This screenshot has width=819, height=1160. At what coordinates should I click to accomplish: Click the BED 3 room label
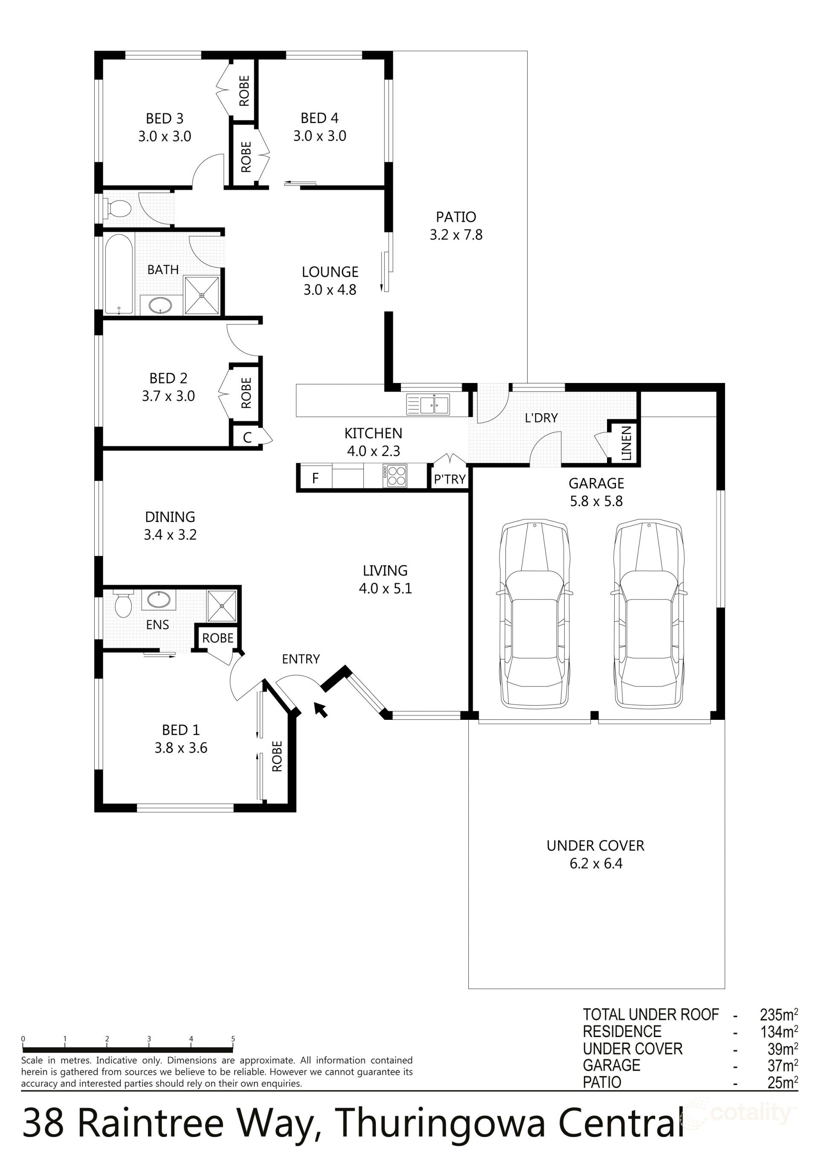tap(165, 119)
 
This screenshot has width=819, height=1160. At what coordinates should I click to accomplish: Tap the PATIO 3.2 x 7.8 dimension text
tap(456, 235)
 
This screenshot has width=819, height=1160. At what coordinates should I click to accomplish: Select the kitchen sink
tap(428, 404)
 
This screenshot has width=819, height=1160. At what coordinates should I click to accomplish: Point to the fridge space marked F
tap(315, 478)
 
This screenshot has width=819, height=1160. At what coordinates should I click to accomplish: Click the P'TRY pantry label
tap(450, 479)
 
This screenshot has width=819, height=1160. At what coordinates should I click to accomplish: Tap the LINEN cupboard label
tap(626, 443)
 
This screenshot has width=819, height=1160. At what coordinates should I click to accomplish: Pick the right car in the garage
tap(649, 614)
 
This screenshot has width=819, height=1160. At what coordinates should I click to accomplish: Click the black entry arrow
tap(321, 709)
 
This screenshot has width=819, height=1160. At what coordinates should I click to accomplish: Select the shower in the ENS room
tap(222, 605)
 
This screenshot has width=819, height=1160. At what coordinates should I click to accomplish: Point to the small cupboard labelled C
tap(247, 437)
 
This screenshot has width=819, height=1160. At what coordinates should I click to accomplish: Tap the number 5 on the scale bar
tap(233, 1039)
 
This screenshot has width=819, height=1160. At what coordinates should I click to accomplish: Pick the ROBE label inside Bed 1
tap(277, 756)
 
